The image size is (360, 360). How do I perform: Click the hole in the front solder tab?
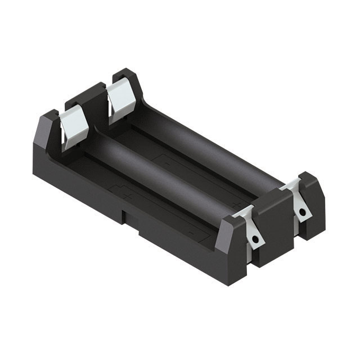tap(256, 240)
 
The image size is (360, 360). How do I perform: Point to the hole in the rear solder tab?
tap(303, 212)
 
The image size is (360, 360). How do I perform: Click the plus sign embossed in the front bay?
tap(130, 195)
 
